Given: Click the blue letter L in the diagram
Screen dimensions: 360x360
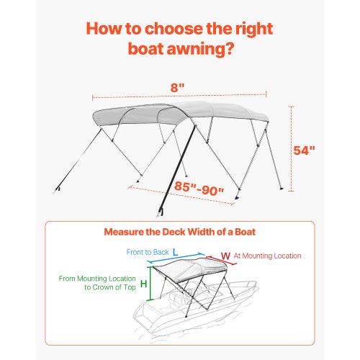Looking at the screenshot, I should point(176,253).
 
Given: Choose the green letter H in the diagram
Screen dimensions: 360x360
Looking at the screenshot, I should point(143,283).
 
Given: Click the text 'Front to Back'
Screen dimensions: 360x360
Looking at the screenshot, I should point(148,253).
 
